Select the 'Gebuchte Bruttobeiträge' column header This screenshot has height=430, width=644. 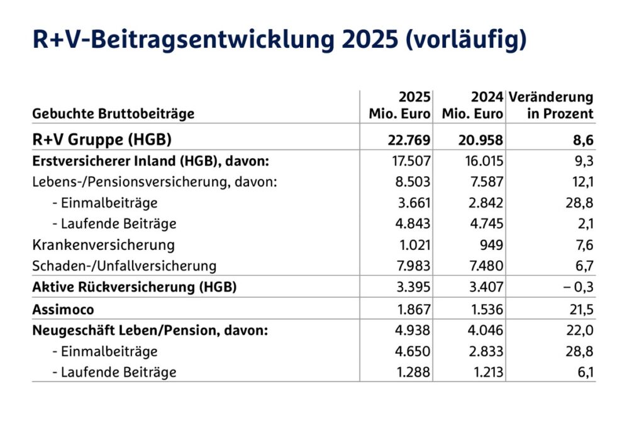pyautogui.click(x=113, y=114)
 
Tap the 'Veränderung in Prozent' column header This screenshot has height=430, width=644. pyautogui.click(x=551, y=106)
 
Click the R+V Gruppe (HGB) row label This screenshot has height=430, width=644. pyautogui.click(x=102, y=139)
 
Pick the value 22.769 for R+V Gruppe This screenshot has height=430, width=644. pyautogui.click(x=407, y=139)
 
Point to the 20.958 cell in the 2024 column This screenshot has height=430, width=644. pyautogui.click(x=480, y=139)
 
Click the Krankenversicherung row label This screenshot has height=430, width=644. pyautogui.click(x=103, y=244)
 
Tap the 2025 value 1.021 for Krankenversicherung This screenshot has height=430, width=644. pyautogui.click(x=413, y=244)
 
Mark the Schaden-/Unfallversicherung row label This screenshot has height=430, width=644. pyautogui.click(x=124, y=266)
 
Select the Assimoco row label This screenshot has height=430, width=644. pyautogui.click(x=64, y=309)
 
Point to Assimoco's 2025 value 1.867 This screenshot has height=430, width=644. pyautogui.click(x=413, y=309)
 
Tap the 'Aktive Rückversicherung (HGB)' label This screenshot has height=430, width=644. pyautogui.click(x=134, y=287)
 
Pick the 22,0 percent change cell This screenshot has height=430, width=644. pyautogui.click(x=580, y=330)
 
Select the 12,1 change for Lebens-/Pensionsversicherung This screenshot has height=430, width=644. pyautogui.click(x=582, y=182)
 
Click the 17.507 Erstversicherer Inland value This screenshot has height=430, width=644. pyautogui.click(x=410, y=161)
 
